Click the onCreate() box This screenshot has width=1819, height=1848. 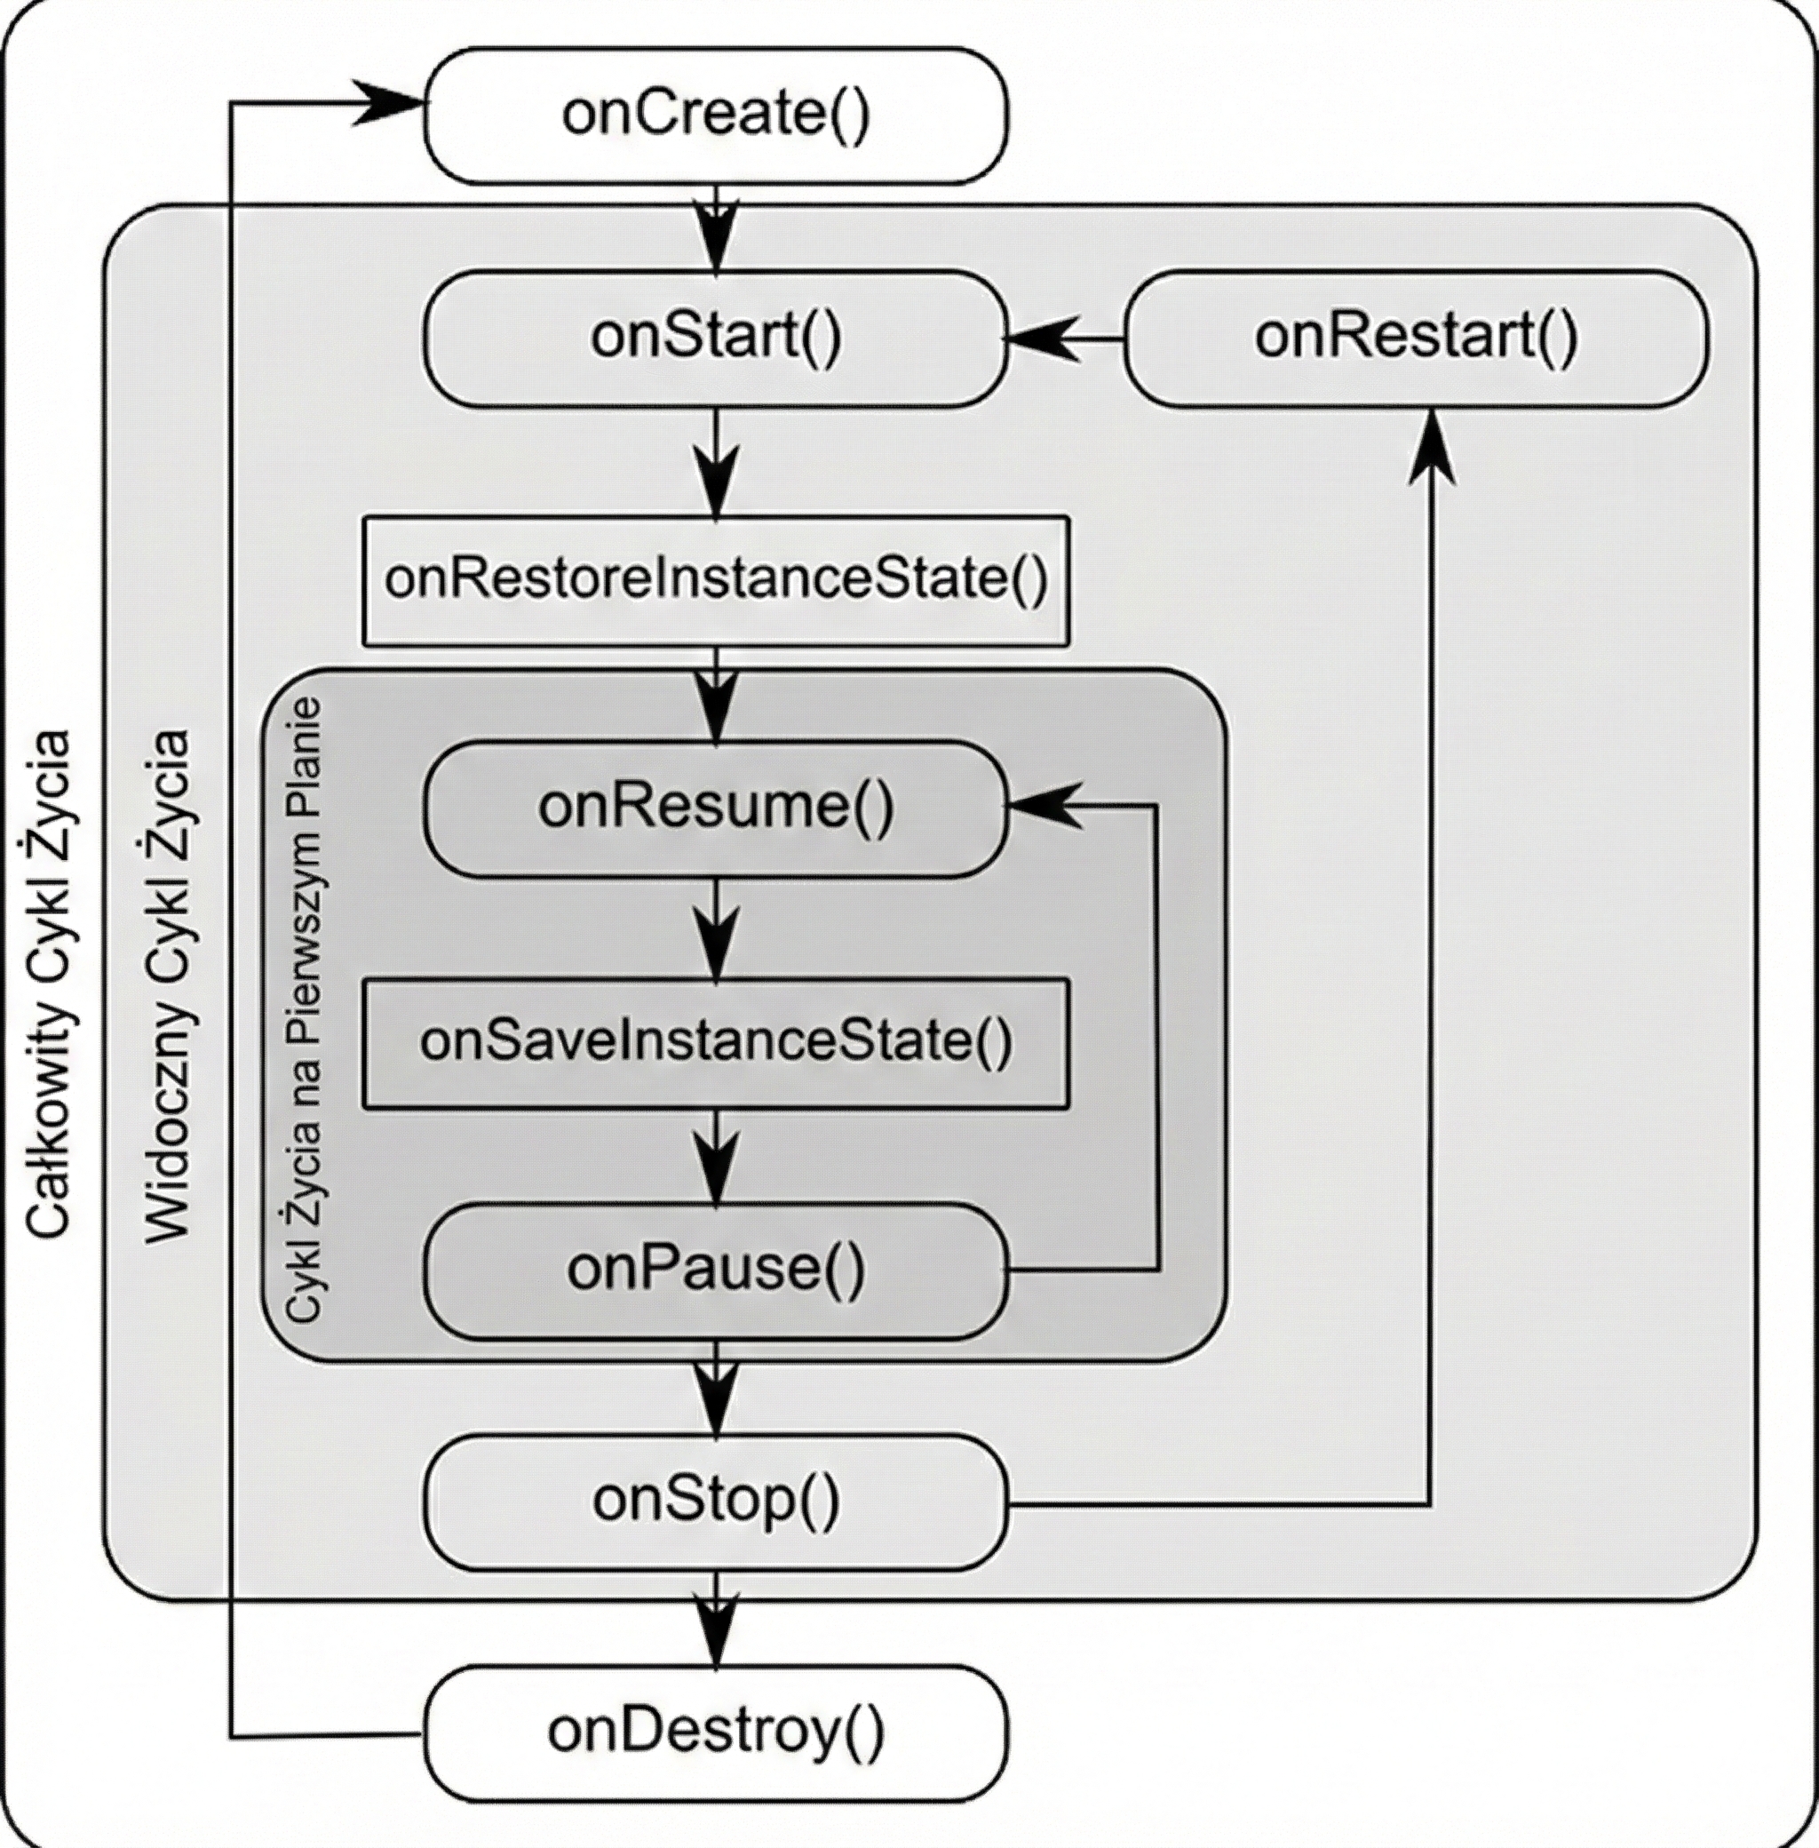716,115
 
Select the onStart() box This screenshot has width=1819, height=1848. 716,339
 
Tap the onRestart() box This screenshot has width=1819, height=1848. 1417,339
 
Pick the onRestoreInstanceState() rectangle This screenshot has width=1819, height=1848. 716,581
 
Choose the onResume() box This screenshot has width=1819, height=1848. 716,808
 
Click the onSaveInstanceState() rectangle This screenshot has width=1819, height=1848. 716,1042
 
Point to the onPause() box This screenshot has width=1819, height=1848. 716,1270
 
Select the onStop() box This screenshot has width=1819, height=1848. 716,1502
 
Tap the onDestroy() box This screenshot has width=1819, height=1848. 716,1733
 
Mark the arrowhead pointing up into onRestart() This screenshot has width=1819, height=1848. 1432,447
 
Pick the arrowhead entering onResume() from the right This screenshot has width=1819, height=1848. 1044,807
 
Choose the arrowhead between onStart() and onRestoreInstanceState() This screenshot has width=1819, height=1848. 716,480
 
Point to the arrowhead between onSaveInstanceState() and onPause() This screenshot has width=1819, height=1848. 716,1167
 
